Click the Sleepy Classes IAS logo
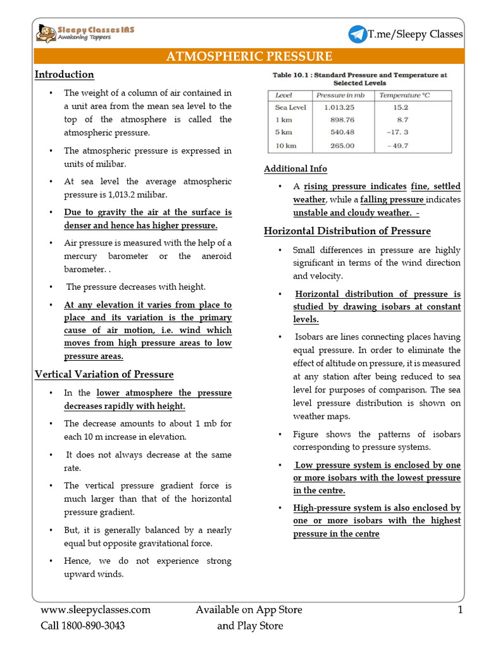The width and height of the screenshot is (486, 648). [85, 33]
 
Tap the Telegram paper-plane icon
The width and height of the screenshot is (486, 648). [358, 34]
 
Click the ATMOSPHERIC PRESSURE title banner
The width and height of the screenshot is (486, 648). [249, 56]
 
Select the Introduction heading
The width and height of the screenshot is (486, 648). [64, 75]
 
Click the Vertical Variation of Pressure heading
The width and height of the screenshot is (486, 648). [104, 374]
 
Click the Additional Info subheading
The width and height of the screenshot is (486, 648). [296, 169]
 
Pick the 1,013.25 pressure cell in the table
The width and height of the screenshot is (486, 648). [342, 108]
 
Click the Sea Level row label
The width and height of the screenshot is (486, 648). [290, 108]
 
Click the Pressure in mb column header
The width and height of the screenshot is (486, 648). [344, 96]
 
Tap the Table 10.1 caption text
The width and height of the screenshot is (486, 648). [359, 78]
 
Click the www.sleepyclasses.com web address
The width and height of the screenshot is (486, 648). [96, 610]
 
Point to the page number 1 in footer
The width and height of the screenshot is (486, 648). [460, 610]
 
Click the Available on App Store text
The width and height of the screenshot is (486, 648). [249, 610]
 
